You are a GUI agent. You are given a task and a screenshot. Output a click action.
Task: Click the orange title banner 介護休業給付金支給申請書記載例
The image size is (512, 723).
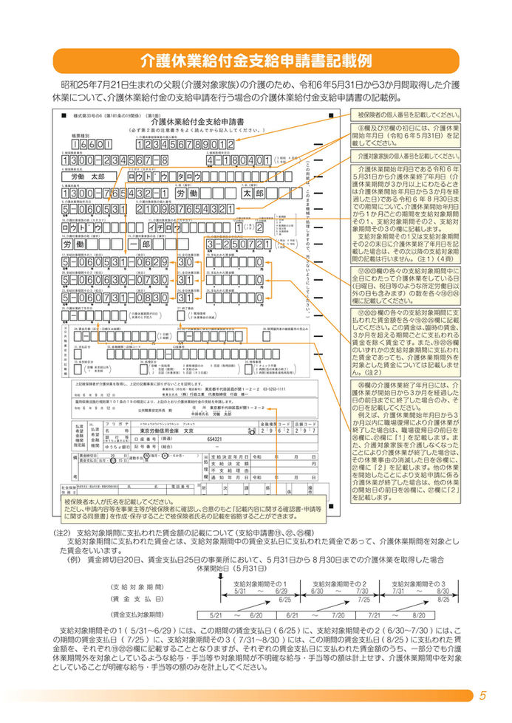coord(256,60)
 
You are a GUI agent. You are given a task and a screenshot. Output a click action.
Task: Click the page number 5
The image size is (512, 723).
coord(482,695)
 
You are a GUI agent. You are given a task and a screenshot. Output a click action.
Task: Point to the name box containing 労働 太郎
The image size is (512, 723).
coord(88,177)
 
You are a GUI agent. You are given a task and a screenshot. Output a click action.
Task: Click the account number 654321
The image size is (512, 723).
coord(215,439)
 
